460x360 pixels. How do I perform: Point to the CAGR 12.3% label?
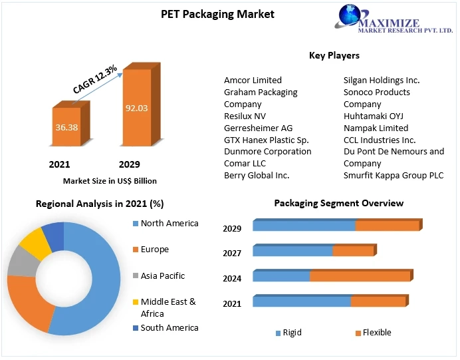click(95, 79)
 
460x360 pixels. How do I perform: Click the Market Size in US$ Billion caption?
click(110, 180)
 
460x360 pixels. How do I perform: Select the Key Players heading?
click(334, 55)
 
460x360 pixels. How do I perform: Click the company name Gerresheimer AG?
click(258, 128)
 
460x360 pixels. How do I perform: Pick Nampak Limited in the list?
click(376, 128)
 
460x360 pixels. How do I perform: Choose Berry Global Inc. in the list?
click(257, 175)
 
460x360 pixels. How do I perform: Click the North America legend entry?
click(169, 224)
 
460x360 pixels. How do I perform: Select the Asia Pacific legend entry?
click(162, 275)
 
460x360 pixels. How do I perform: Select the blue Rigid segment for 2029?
click(304, 226)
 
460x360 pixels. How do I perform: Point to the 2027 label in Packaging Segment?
click(232, 253)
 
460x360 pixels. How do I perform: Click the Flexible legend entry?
click(377, 333)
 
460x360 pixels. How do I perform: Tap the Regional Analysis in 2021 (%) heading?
click(100, 204)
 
